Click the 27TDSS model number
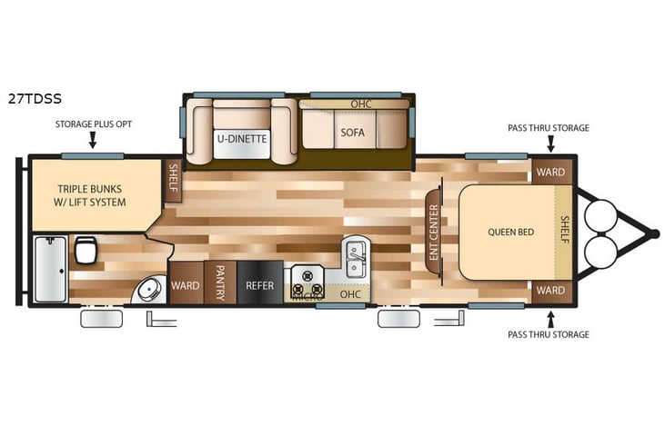(35, 99)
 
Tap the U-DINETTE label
(241, 139)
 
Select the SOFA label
(353, 133)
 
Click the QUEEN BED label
(510, 232)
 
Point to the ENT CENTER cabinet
(434, 233)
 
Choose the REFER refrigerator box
(259, 285)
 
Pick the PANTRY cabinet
(219, 284)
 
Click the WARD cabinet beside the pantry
(186, 285)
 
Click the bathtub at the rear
(49, 269)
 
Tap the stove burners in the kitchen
(307, 284)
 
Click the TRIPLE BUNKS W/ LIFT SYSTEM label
(92, 195)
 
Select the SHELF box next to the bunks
(174, 182)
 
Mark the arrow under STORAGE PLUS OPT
(93, 139)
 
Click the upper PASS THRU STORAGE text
(548, 128)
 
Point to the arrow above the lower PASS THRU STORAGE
(549, 317)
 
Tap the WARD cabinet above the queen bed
(550, 171)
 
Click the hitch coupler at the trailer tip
(653, 233)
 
